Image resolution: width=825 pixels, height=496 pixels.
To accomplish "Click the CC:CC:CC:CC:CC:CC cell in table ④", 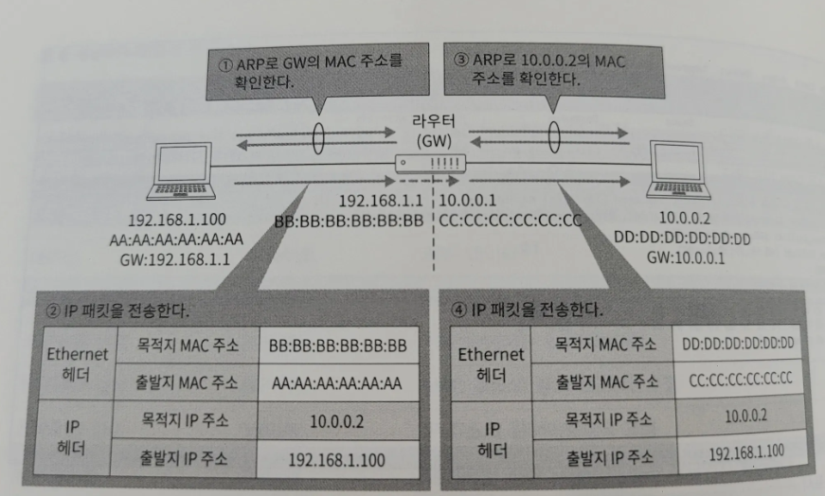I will coord(737,380).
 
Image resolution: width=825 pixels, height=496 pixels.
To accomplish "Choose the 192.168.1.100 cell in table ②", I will coord(337,460).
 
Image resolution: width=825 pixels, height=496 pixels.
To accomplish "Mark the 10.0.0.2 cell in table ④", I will coord(737,416).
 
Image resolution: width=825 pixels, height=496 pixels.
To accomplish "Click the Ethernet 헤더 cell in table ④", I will coord(491,363).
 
